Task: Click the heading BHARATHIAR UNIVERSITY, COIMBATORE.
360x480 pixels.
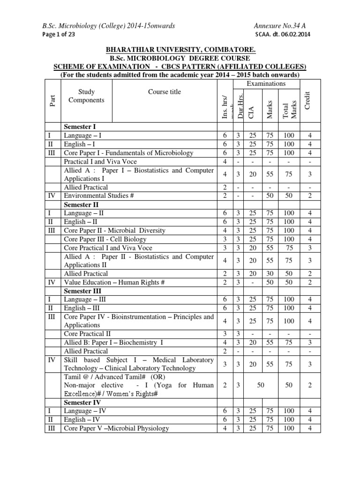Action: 180,50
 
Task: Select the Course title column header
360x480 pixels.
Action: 165,92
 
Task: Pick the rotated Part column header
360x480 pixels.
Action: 53,101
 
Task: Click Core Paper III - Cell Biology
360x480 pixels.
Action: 102,239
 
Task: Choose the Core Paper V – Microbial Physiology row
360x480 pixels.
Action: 116,428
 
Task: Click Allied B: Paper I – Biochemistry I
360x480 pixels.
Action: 113,343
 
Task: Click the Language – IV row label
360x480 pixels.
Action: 85,411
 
